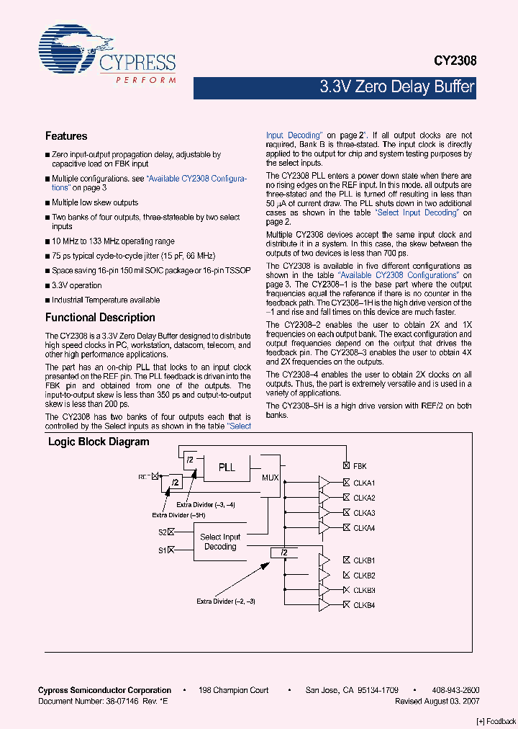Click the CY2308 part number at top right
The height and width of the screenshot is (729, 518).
pyautogui.click(x=454, y=63)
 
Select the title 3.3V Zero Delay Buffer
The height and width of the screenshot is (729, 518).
pyautogui.click(x=397, y=88)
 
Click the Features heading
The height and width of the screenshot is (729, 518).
pyautogui.click(x=66, y=136)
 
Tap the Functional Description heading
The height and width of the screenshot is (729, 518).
pyautogui.click(x=100, y=318)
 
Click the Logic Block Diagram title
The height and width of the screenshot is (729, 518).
pyautogui.click(x=99, y=442)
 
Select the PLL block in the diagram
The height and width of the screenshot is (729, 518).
pyautogui.click(x=227, y=467)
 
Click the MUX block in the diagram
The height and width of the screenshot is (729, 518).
pyautogui.click(x=269, y=477)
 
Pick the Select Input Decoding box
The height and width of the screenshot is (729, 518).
pyautogui.click(x=220, y=542)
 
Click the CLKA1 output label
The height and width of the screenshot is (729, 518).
pyautogui.click(x=364, y=483)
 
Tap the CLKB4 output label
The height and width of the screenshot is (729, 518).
pyautogui.click(x=364, y=605)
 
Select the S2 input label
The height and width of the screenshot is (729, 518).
pyautogui.click(x=162, y=532)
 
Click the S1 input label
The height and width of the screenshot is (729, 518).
pyautogui.click(x=162, y=550)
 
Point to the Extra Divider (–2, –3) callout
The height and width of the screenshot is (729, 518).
pyautogui.click(x=226, y=601)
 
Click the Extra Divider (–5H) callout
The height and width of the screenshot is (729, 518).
pyautogui.click(x=178, y=515)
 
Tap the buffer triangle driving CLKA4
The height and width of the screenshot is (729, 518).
pyautogui.click(x=324, y=528)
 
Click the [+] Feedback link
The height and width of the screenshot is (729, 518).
pyautogui.click(x=496, y=721)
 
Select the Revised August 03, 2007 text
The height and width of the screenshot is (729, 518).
pyautogui.click(x=437, y=700)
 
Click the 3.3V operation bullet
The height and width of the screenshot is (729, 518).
pyautogui.click(x=77, y=286)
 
